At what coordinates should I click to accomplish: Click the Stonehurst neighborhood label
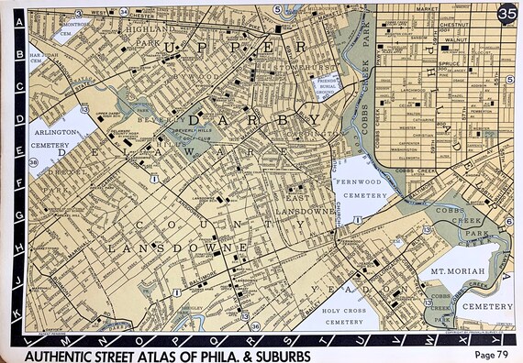tap(300, 66)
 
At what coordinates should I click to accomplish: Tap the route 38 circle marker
tap(33, 163)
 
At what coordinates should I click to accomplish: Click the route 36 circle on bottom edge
tap(255, 324)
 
